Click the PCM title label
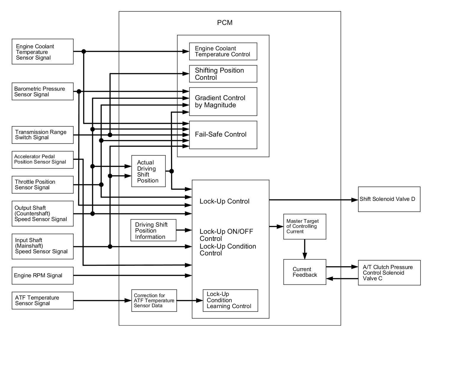point(225,23)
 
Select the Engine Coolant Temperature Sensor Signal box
point(42,52)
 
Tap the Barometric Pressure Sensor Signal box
point(42,92)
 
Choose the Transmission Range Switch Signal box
point(42,135)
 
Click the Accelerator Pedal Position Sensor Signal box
point(42,160)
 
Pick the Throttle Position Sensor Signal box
point(42,185)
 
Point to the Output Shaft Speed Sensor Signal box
point(42,214)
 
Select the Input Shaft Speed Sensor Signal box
point(42,246)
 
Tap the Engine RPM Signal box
point(42,276)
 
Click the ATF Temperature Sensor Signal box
point(42,301)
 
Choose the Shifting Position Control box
point(223,74)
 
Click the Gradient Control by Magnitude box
point(223,102)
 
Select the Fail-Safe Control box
point(223,135)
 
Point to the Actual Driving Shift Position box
point(148,171)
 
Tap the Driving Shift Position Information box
point(153,230)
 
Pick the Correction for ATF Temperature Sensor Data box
point(154,301)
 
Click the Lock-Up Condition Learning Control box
point(230,301)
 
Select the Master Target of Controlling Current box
point(305,227)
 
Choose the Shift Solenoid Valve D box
point(389,199)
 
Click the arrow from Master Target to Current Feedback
point(305,249)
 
